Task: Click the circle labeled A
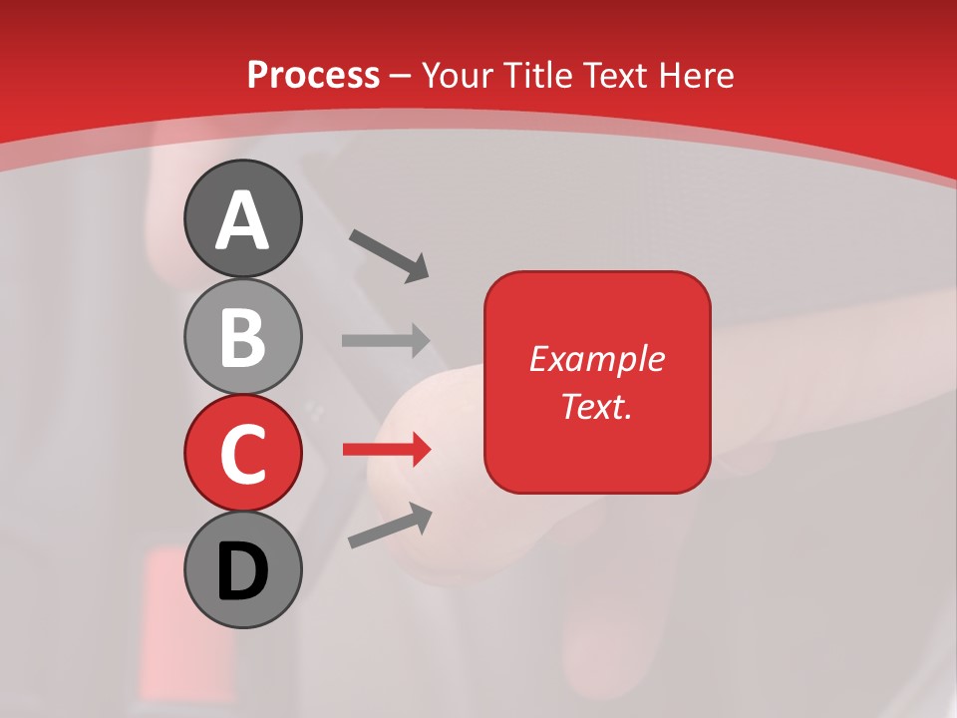pos(242,218)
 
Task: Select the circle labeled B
pos(242,335)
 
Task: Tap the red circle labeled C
pos(242,453)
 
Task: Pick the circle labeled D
pos(242,569)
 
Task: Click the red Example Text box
pos(597,382)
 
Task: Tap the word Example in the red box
pos(597,359)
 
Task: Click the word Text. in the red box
pos(597,406)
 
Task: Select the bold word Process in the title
pos(313,75)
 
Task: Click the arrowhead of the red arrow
pos(420,450)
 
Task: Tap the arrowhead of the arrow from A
pos(417,269)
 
